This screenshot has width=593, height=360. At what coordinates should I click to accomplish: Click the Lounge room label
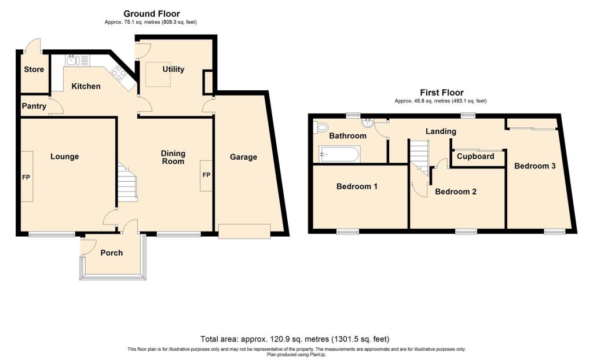pyautogui.click(x=64, y=156)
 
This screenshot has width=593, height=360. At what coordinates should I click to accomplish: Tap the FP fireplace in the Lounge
pyautogui.click(x=27, y=177)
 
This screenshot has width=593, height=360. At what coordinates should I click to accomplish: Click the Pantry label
pyautogui.click(x=34, y=106)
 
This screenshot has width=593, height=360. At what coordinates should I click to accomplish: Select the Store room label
pyautogui.click(x=34, y=70)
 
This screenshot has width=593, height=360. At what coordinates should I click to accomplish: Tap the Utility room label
pyautogui.click(x=173, y=69)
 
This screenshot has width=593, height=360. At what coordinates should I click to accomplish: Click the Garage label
pyautogui.click(x=243, y=157)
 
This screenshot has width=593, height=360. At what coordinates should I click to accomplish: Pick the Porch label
pyautogui.click(x=112, y=252)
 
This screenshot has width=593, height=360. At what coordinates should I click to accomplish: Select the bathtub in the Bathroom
pyautogui.click(x=339, y=154)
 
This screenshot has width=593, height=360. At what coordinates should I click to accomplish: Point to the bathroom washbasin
pyautogui.click(x=367, y=123)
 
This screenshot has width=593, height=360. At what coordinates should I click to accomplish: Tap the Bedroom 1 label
pyautogui.click(x=357, y=186)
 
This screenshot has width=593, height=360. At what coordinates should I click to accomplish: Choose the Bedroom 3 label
pyautogui.click(x=535, y=166)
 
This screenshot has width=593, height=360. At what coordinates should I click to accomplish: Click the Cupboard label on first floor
pyautogui.click(x=475, y=156)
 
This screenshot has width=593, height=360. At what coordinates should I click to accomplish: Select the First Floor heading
pyautogui.click(x=441, y=93)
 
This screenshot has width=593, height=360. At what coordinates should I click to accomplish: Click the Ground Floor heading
pyautogui.click(x=152, y=14)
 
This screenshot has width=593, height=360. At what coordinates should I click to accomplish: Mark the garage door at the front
pyautogui.click(x=244, y=231)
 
